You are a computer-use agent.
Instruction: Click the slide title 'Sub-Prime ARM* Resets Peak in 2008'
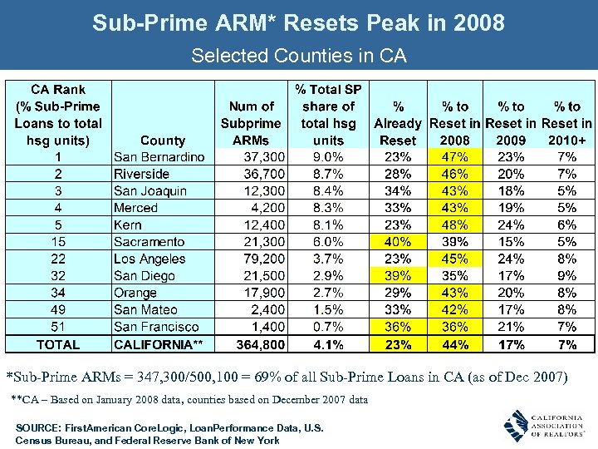[298, 22]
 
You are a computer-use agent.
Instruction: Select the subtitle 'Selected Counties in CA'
[298, 57]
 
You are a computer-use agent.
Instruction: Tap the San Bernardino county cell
[159, 157]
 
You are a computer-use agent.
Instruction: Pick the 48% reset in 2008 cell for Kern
[454, 224]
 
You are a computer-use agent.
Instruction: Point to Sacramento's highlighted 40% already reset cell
[398, 242]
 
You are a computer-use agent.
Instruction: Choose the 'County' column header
[163, 141]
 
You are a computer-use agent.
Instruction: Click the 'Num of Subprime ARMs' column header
[251, 123]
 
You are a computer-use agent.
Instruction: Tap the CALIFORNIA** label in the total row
[159, 344]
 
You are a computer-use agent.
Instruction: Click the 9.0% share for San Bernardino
[328, 157]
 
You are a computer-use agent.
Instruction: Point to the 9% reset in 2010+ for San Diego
[567, 276]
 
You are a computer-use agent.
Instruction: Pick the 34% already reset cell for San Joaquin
[398, 191]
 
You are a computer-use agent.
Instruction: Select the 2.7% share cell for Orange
[328, 293]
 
